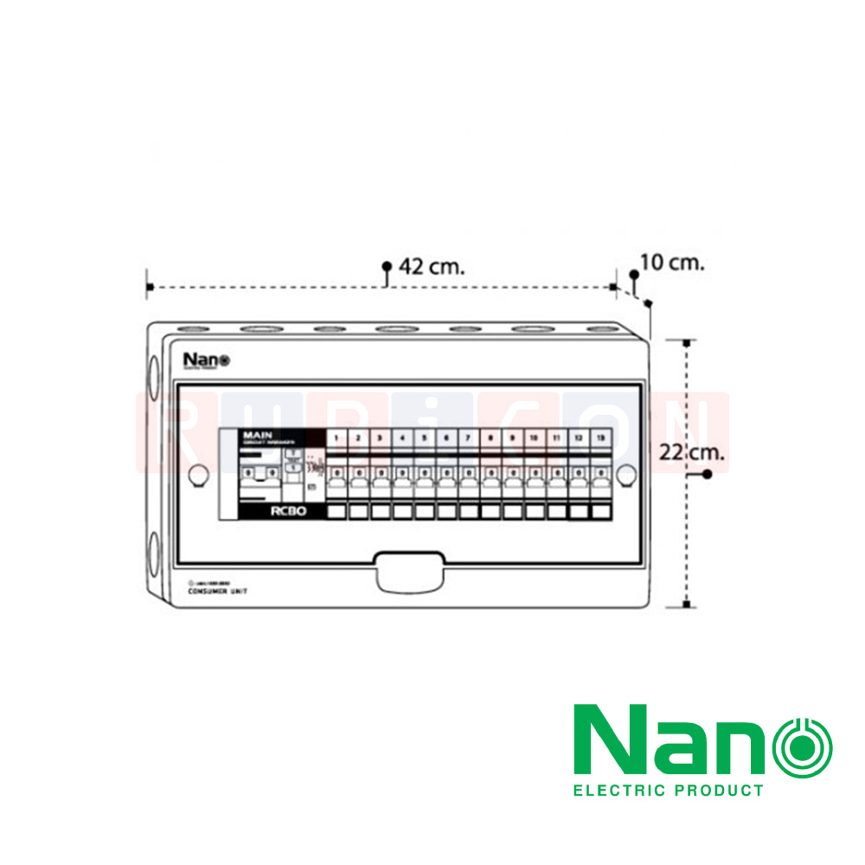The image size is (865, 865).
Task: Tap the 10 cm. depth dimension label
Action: pyautogui.click(x=672, y=262)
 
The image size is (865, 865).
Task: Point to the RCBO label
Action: pyautogui.click(x=284, y=512)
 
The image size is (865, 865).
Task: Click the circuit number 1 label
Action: pyautogui.click(x=336, y=439)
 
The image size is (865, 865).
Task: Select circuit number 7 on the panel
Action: pyautogui.click(x=468, y=439)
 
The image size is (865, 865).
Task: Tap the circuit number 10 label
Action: pyautogui.click(x=534, y=439)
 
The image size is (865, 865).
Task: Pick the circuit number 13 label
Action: pyautogui.click(x=600, y=439)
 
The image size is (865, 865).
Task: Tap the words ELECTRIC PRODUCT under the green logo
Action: pyautogui.click(x=669, y=790)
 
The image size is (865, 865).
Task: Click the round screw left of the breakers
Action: pyautogui.click(x=198, y=474)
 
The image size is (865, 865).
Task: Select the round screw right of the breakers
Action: pyautogui.click(x=626, y=474)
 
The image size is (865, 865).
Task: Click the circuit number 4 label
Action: pyautogui.click(x=402, y=439)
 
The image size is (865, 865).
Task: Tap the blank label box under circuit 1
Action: pyautogui.click(x=336, y=512)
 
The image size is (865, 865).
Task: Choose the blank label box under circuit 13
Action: pyautogui.click(x=600, y=512)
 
